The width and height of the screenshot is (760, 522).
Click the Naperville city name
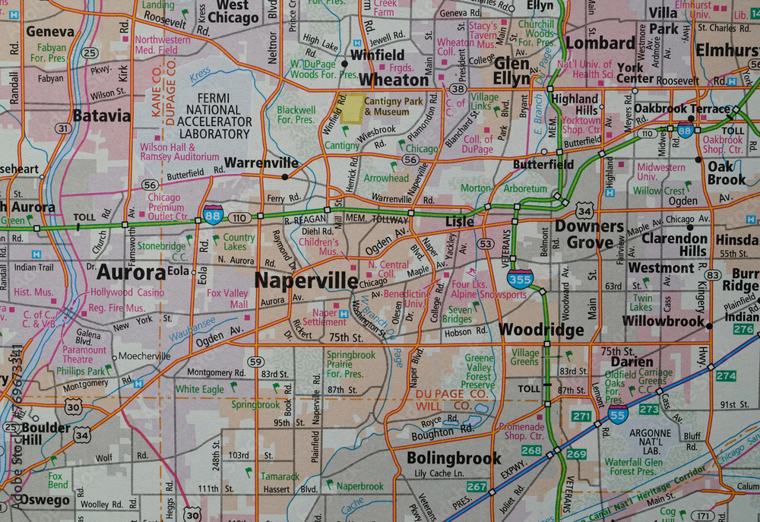(x=306, y=280)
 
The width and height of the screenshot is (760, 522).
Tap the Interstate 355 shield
(x=520, y=279)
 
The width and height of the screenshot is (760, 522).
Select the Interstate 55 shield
(x=618, y=414)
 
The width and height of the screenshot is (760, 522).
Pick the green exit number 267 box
(x=477, y=486)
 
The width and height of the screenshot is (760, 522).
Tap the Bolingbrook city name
(x=454, y=458)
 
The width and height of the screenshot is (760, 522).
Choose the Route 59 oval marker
(x=257, y=362)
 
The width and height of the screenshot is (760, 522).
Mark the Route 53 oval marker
(x=486, y=243)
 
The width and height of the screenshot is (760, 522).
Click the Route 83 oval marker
(x=712, y=275)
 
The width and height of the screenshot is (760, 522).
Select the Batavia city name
(x=101, y=116)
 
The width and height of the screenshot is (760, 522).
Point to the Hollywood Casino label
(x=127, y=293)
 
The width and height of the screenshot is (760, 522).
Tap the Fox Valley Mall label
(x=227, y=299)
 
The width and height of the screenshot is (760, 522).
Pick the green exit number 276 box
(x=743, y=329)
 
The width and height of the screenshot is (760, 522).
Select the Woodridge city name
(x=541, y=331)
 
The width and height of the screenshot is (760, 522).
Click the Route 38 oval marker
(x=457, y=89)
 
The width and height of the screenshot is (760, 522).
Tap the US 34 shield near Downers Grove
(x=584, y=210)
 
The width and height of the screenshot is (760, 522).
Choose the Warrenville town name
(x=261, y=163)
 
